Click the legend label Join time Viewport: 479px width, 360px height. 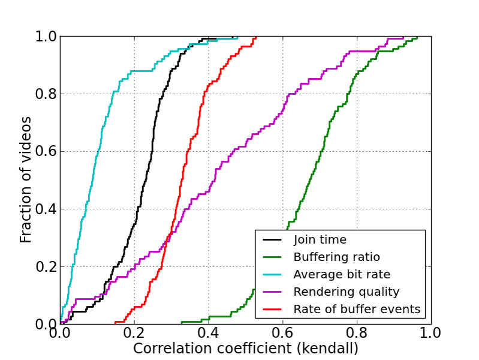tap(320, 240)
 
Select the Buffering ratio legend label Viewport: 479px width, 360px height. tap(336, 257)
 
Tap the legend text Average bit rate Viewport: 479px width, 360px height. tap(342, 275)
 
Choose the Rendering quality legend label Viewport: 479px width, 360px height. tap(346, 292)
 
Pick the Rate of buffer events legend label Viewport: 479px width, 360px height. tap(357, 310)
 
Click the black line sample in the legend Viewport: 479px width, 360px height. tap(273, 240)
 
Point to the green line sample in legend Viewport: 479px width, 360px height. tap(273, 257)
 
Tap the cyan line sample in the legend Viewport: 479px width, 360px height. tap(273, 275)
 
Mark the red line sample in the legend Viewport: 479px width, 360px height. tap(273, 310)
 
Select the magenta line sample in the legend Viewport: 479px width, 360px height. tap(273, 292)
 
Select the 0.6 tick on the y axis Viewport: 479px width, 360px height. tap(44, 152)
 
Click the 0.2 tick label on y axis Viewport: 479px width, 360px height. tap(44, 267)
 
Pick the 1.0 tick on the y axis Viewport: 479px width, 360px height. tap(44, 37)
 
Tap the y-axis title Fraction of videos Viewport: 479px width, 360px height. tap(26, 180)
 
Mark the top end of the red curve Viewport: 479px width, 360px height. tap(256, 37)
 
